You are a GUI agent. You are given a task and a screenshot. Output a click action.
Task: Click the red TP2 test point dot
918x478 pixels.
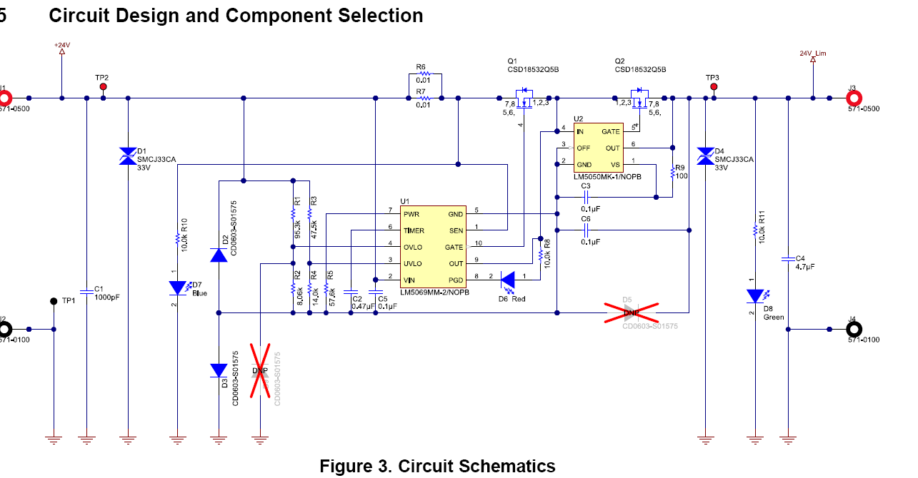pos(103,87)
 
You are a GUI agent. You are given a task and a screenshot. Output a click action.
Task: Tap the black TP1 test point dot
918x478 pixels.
pos(54,301)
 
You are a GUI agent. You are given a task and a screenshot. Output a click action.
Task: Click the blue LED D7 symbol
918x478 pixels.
pos(177,288)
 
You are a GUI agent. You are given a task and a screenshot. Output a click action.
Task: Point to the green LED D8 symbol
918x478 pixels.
pos(754,296)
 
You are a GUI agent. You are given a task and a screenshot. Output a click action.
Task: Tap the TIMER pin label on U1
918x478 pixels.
pos(414,230)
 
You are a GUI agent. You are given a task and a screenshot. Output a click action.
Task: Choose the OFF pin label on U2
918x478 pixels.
pos(584,148)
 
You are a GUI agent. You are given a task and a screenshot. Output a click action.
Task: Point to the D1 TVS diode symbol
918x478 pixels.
pos(128,156)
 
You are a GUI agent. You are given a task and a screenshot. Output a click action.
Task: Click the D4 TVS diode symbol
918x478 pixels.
pos(705,156)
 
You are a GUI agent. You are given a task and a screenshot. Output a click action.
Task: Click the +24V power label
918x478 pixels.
pos(61,45)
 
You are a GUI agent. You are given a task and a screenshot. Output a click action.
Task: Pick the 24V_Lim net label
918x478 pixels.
pos(813,54)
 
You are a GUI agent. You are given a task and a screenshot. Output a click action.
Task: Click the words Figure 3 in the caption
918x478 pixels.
pos(354,467)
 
